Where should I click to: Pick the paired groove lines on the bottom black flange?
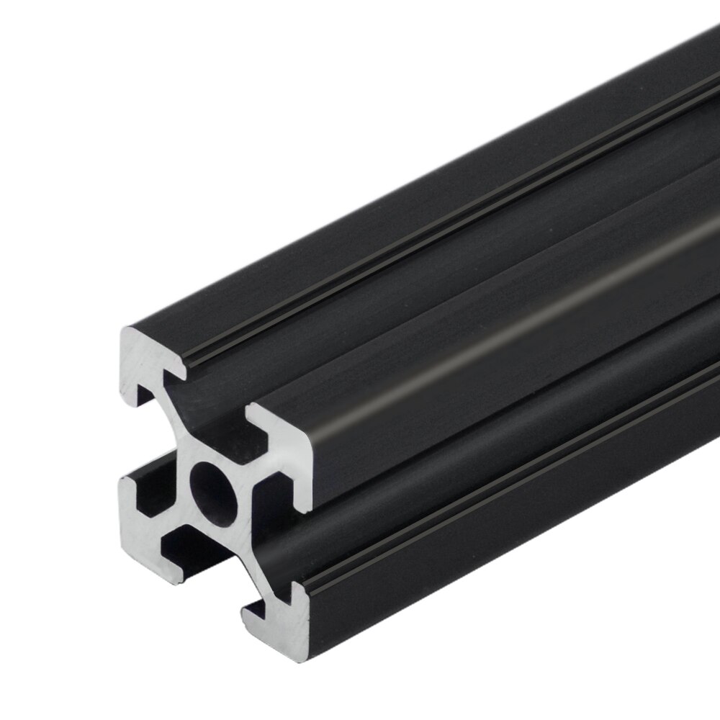504,518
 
